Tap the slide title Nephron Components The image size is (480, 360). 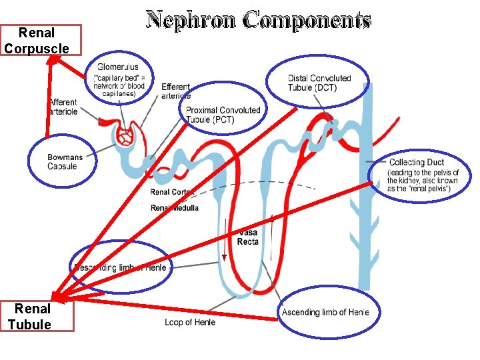(258, 21)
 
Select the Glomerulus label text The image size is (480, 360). (118, 67)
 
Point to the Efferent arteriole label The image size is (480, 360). (175, 91)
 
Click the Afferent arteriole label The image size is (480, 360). (63, 107)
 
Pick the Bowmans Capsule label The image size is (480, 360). (65, 162)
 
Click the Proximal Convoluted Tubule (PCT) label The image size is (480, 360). (223, 115)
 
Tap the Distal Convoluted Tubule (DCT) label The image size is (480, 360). (319, 83)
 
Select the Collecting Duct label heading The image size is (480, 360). (416, 163)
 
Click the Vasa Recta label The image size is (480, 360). (247, 237)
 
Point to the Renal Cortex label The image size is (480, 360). (171, 193)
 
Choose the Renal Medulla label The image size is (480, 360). (175, 208)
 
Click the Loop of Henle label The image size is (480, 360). (190, 323)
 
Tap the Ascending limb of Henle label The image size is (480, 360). (325, 312)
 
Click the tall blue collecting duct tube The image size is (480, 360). (363, 220)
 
